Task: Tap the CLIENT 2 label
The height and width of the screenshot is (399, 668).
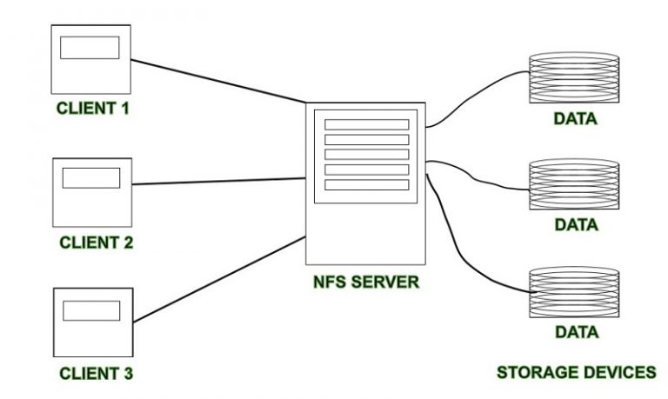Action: point(96,243)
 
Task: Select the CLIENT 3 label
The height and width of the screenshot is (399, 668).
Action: point(96,375)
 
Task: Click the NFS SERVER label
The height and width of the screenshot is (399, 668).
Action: point(366,283)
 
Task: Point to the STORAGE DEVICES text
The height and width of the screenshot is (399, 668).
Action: point(576,372)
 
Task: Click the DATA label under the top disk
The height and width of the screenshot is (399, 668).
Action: point(576,119)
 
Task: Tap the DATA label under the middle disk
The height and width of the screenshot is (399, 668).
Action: point(576,225)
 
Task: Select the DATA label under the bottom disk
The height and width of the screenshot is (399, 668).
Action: point(576,331)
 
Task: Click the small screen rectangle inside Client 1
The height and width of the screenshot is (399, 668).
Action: point(90,48)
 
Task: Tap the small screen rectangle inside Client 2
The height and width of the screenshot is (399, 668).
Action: point(91,177)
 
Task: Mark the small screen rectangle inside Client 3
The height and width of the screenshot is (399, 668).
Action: point(91,310)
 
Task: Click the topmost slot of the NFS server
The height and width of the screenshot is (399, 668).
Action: point(366,124)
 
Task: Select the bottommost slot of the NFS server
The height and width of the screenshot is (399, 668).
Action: point(366,185)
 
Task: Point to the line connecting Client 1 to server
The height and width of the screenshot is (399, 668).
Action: point(217,79)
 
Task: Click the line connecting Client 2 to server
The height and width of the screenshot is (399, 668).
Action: point(217,181)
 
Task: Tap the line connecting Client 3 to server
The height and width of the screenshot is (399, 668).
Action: point(217,278)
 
